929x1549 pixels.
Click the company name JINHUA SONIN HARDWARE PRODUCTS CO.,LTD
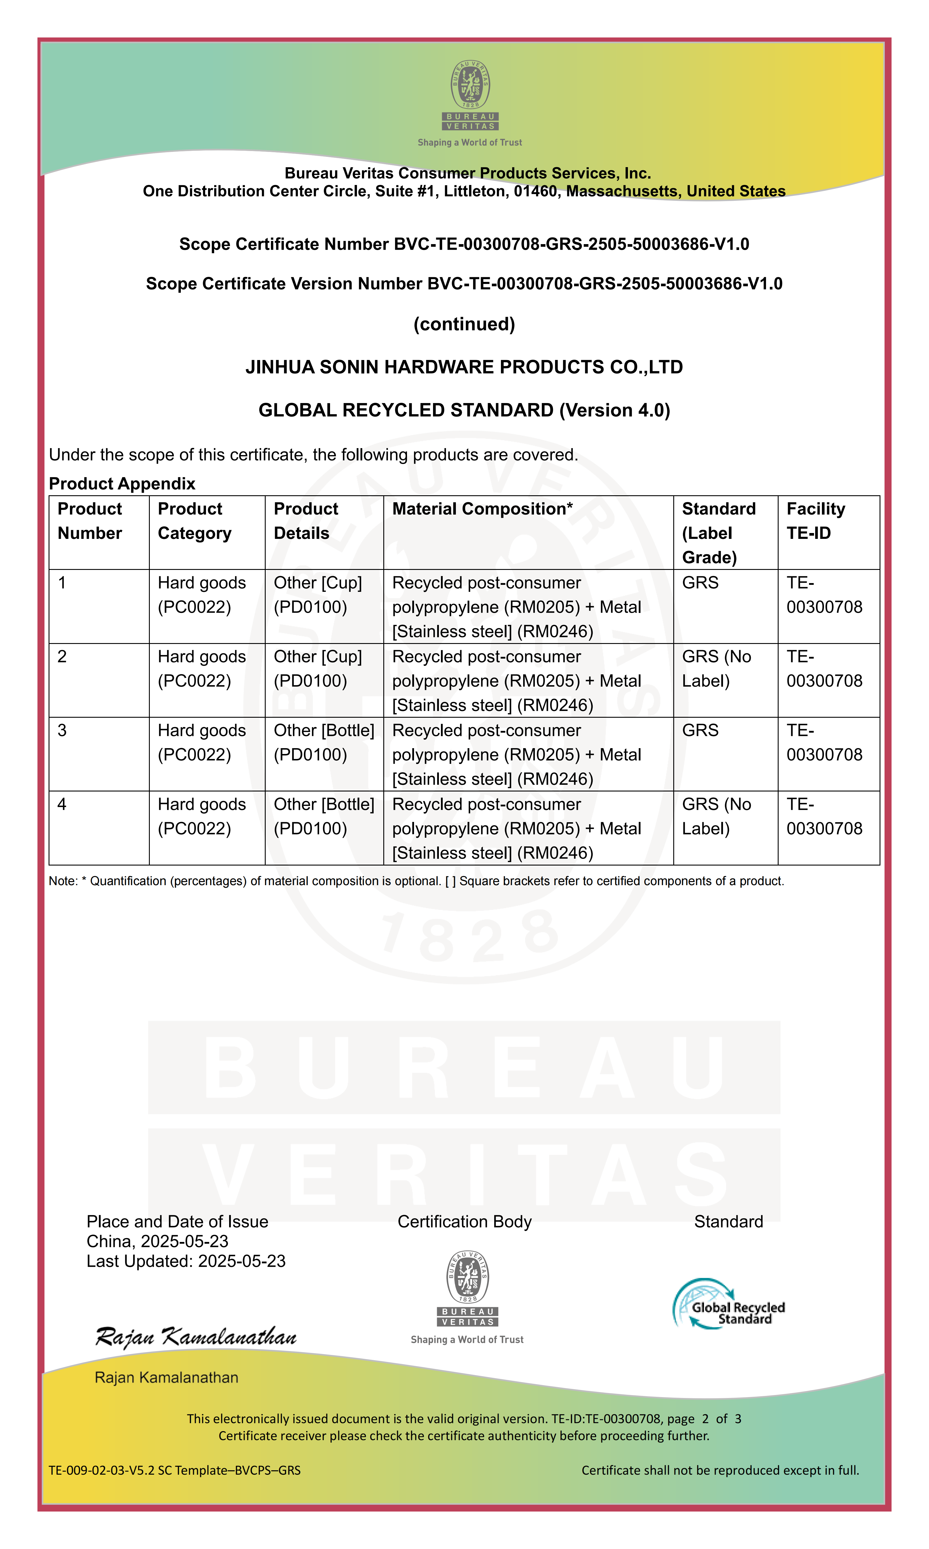[x=464, y=367]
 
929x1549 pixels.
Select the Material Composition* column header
[x=482, y=509]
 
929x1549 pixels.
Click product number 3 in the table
[x=62, y=731]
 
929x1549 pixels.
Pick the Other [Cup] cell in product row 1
[x=317, y=595]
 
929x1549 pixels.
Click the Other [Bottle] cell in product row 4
[x=324, y=816]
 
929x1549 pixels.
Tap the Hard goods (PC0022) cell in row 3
[x=202, y=743]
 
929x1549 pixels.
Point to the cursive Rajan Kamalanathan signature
[x=195, y=1337]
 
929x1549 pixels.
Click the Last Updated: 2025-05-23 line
[x=186, y=1261]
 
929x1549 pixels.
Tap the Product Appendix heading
[x=122, y=483]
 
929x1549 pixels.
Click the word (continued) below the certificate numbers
[x=464, y=324]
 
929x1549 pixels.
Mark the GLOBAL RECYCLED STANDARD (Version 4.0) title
[x=464, y=410]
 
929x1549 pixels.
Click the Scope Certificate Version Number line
[x=464, y=284]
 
